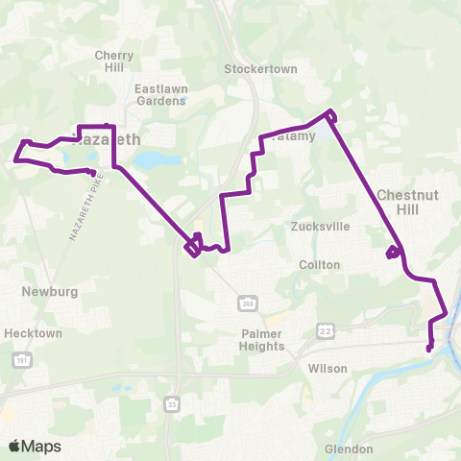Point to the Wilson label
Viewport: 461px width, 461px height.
click(321, 368)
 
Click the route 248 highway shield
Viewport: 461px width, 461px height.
click(247, 303)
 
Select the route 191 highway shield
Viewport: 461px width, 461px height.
click(20, 360)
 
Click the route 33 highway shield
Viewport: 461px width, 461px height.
click(171, 403)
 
